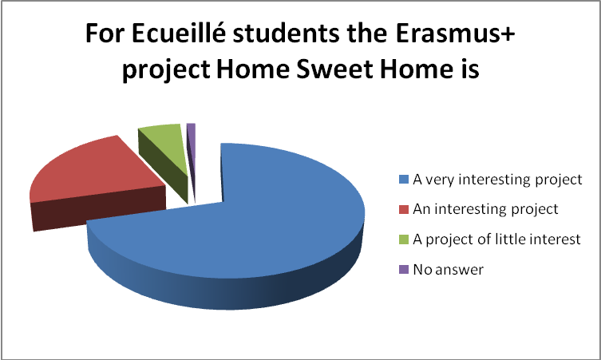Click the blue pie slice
(245, 230)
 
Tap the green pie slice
(164, 153)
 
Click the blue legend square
(404, 179)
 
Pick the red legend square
(404, 209)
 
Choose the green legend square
(404, 239)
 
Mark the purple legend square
(404, 269)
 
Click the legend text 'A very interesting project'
(497, 180)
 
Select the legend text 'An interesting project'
(485, 210)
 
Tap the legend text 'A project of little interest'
(496, 239)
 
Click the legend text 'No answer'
(448, 270)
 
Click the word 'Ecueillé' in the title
(180, 34)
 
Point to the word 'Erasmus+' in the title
(455, 34)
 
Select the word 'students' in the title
(286, 34)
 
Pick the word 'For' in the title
(105, 34)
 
